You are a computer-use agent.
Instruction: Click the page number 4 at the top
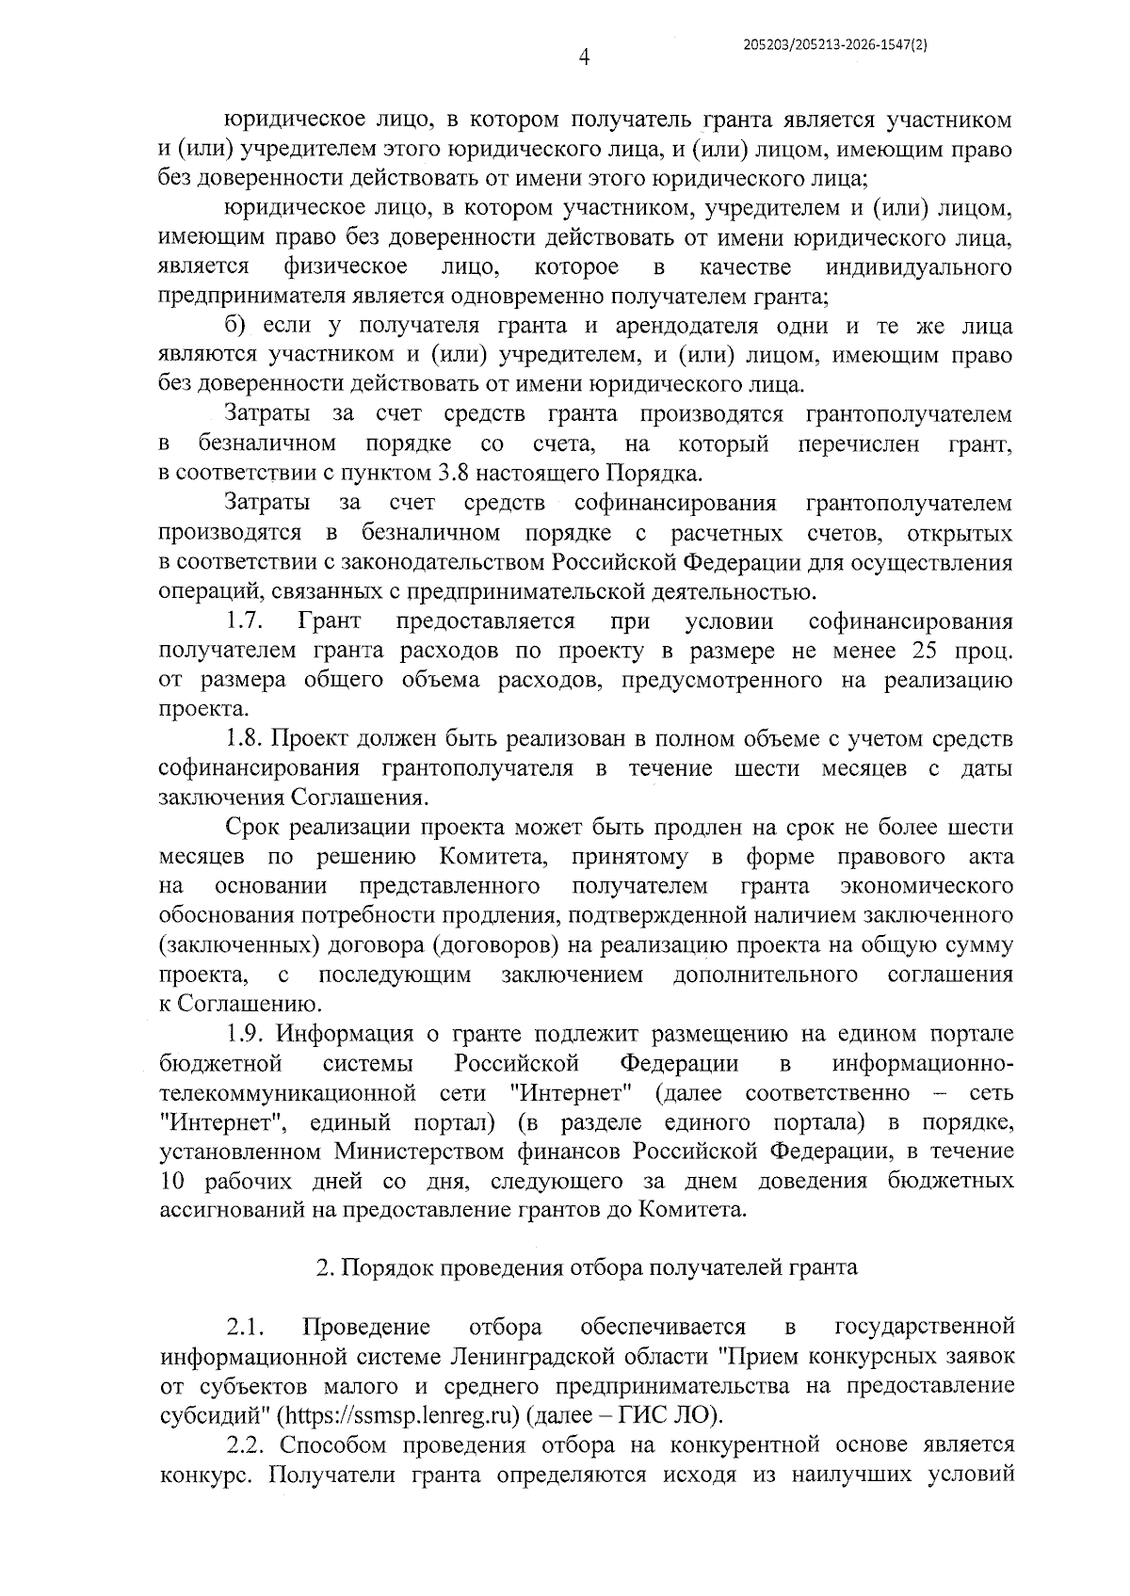[584, 58]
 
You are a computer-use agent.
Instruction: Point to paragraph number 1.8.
[250, 739]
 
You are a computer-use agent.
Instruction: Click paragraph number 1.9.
[250, 1034]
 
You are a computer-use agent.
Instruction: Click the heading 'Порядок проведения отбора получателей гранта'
[599, 1267]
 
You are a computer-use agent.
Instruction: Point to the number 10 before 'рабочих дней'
[175, 1181]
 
